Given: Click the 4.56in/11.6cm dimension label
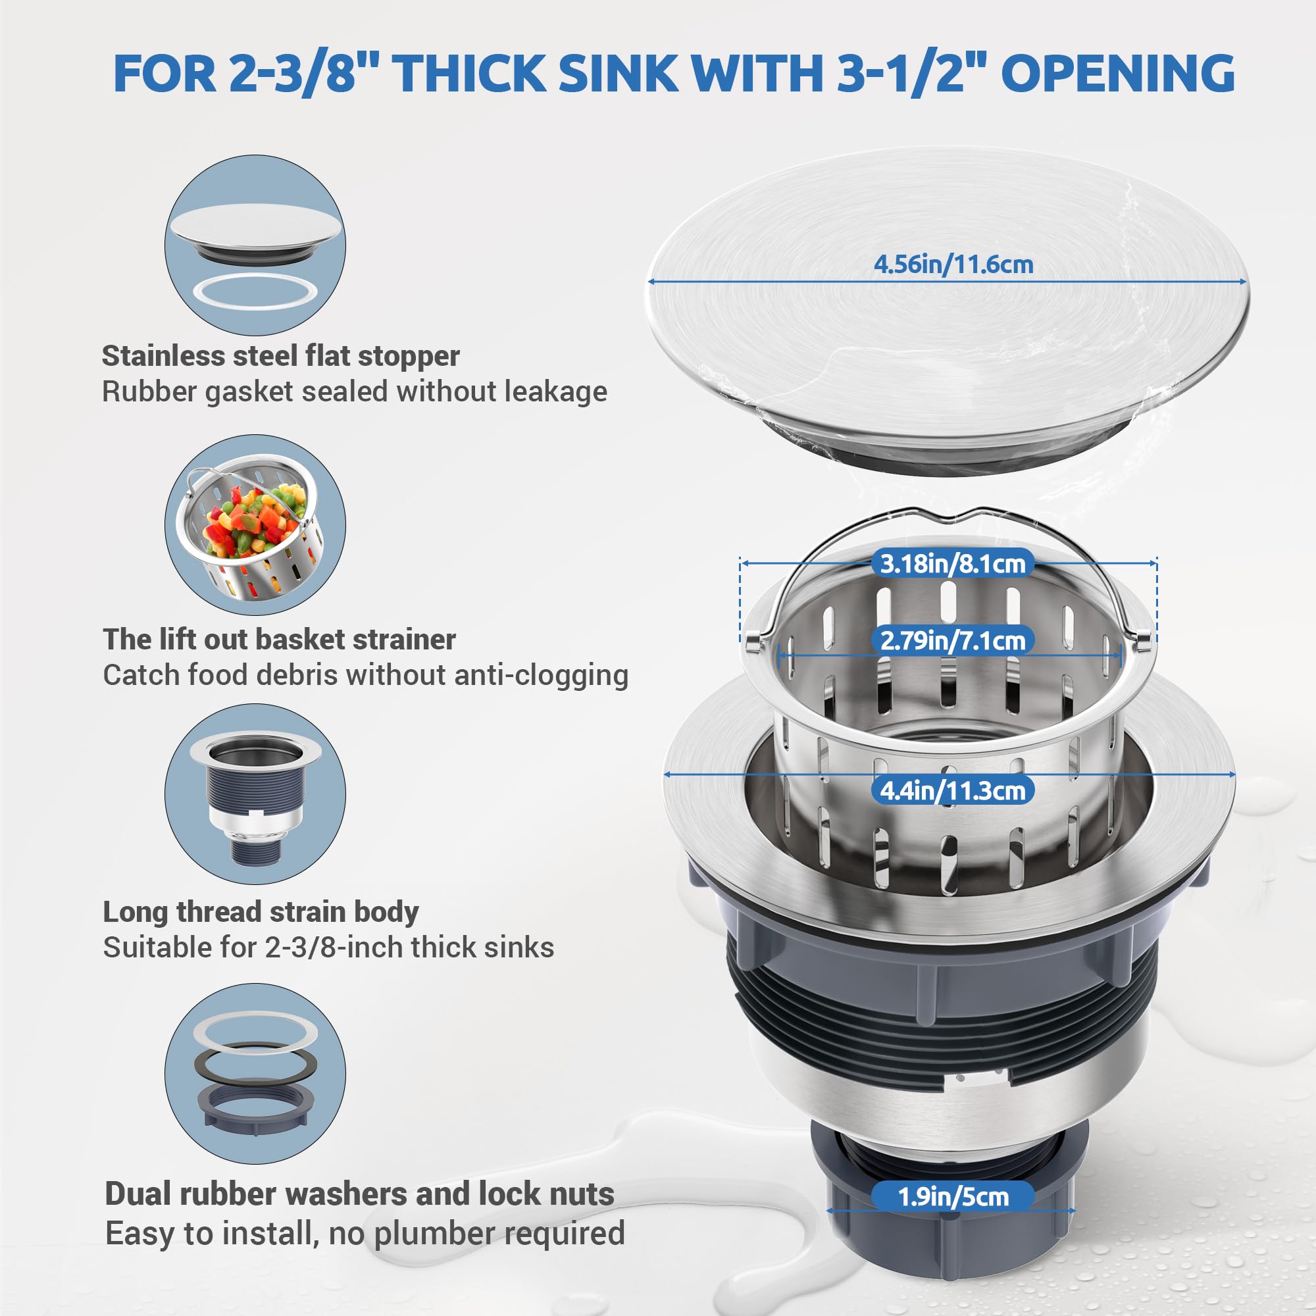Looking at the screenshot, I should coord(953,265).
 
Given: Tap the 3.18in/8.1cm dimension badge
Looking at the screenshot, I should coord(952,563).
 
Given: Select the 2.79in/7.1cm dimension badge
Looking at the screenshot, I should coord(952,640).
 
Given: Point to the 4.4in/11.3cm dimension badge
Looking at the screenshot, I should coord(952,790).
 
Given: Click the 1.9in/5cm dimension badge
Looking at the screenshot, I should coord(952,1197).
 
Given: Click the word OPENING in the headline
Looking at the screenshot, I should coord(1117,73).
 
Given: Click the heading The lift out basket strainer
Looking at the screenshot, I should coord(279,639).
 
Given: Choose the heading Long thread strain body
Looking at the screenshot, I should coord(261,911).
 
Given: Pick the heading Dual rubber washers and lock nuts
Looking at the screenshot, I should coord(359,1194).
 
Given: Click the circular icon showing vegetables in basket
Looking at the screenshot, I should coord(255,524).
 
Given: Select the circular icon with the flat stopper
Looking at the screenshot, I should coord(255,245).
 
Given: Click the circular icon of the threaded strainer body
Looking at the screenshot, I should coord(255,794).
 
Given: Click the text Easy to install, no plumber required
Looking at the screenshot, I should coord(365,1233).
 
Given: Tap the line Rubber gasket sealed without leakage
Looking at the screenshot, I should coord(354,392).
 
